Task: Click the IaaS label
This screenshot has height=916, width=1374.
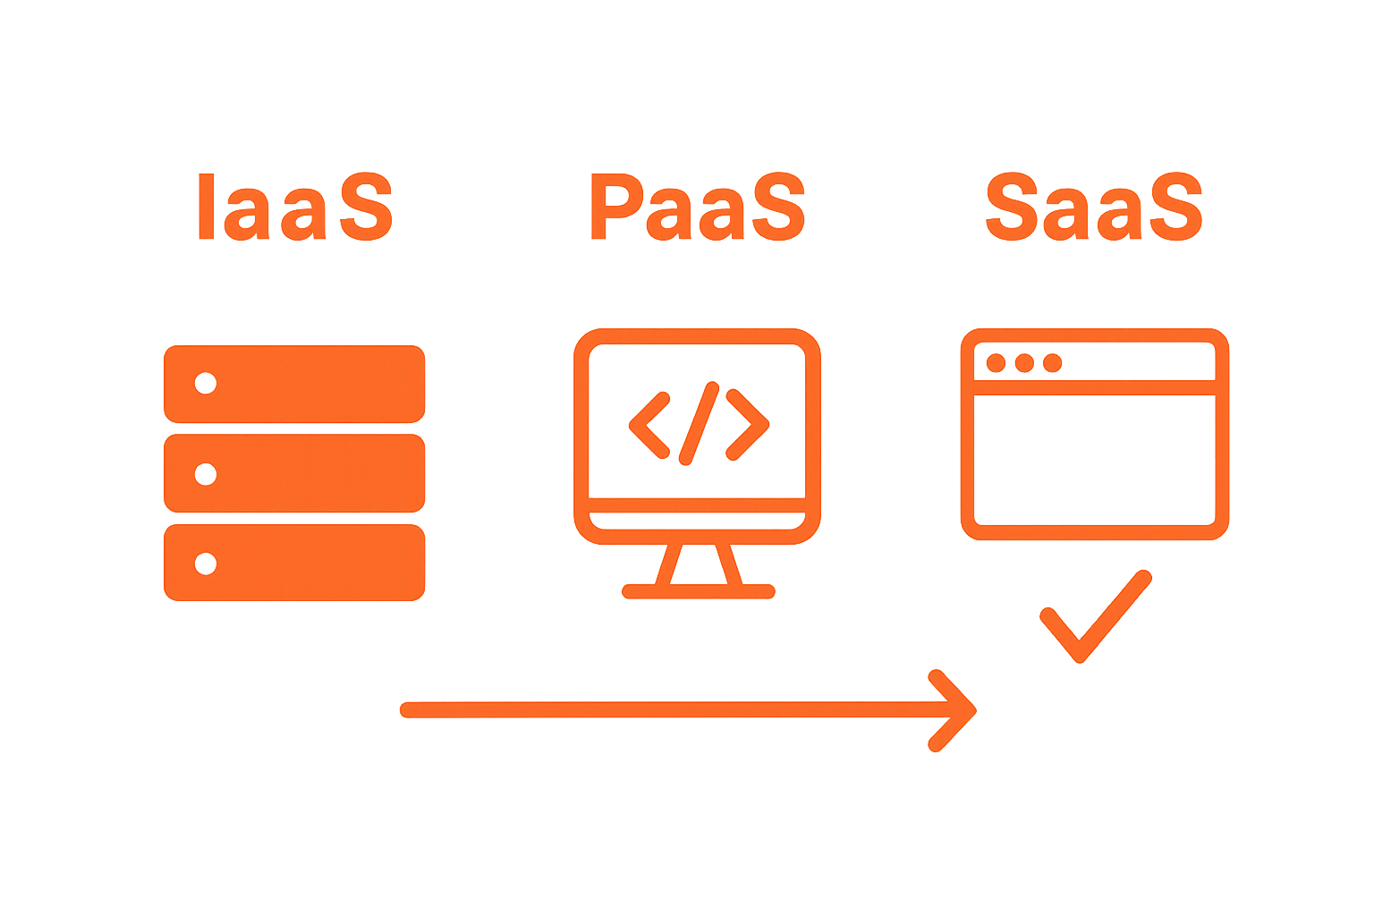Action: [294, 208]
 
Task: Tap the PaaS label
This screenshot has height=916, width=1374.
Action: [698, 208]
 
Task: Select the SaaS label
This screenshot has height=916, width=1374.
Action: [1093, 208]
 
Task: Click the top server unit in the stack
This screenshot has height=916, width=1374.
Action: [294, 384]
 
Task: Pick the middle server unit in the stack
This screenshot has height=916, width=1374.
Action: [294, 473]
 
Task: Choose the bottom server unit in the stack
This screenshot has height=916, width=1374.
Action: [294, 563]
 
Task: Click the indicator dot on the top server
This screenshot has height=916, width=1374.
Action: [206, 383]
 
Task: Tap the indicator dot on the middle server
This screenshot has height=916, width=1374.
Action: [206, 473]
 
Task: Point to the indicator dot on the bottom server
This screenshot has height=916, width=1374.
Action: [206, 564]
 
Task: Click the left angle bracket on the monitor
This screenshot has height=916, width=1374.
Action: [649, 424]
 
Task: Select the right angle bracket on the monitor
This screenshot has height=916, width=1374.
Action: [748, 424]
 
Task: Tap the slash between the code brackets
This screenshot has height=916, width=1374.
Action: [699, 423]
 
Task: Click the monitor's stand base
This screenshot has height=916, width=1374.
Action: [698, 591]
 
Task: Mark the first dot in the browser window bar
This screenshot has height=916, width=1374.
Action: [996, 363]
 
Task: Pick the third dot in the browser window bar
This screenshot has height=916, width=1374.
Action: [1052, 363]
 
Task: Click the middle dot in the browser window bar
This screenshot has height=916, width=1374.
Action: [1024, 363]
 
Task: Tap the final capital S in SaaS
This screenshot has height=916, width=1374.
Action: [1176, 208]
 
